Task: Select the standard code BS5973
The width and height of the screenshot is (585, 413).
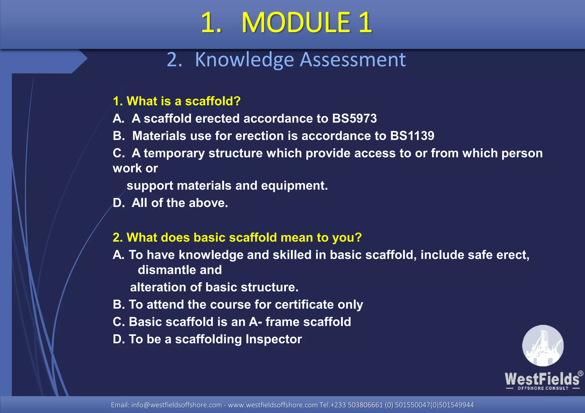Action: tap(354, 119)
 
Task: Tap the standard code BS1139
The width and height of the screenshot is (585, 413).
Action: tap(412, 136)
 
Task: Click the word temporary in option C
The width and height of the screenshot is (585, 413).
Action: tap(174, 153)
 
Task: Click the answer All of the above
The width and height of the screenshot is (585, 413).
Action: tap(180, 203)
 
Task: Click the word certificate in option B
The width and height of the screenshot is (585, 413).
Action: tap(304, 305)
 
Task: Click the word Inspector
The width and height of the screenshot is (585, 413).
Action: tap(274, 340)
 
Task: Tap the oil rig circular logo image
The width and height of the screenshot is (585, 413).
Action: tap(543, 346)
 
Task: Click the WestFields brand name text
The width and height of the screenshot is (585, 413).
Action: tap(542, 379)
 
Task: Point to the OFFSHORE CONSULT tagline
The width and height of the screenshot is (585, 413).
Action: tap(543, 388)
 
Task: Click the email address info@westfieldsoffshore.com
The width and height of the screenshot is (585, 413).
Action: tap(176, 405)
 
